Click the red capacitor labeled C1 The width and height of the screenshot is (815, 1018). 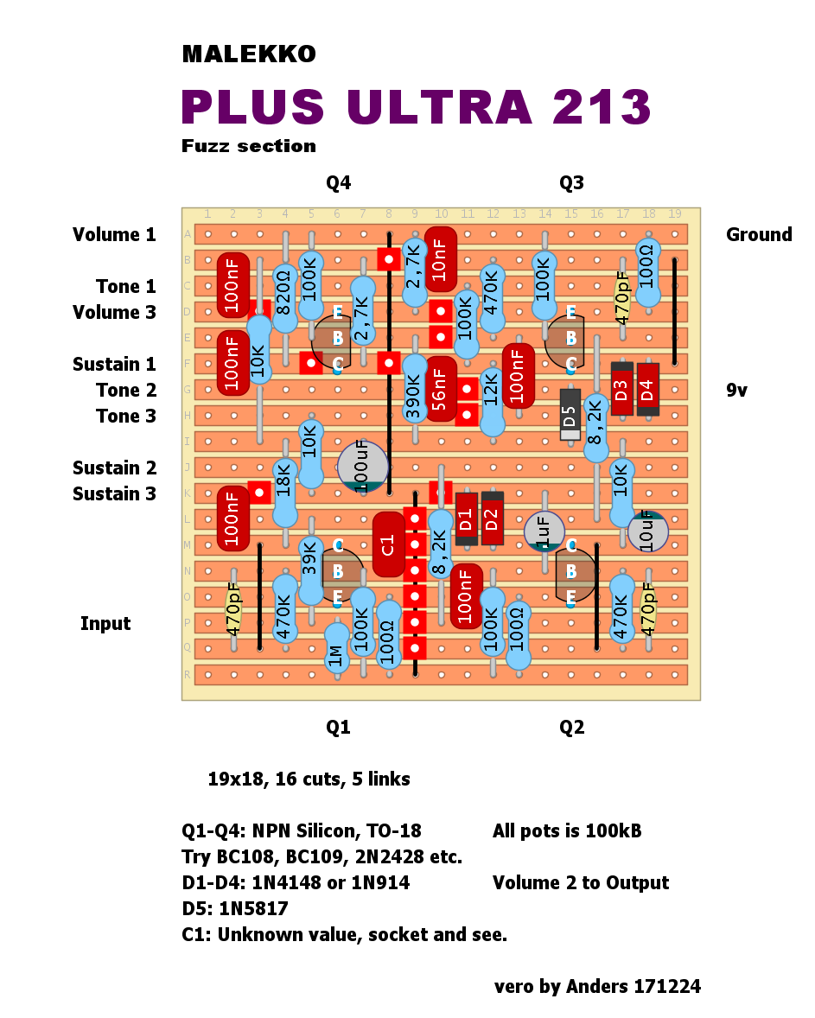pos(389,544)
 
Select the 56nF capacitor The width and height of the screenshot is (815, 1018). pos(441,389)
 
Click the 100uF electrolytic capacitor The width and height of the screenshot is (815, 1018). pos(362,468)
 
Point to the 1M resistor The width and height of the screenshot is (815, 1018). pos(337,648)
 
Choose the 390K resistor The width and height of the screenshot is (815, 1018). pos(415,390)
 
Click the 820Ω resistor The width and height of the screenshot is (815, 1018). pos(284,298)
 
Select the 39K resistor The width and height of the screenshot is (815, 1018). pos(310,570)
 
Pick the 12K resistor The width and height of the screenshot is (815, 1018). pos(492,402)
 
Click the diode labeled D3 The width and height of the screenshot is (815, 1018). pos(621,389)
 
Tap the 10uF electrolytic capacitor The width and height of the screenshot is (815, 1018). pos(647,531)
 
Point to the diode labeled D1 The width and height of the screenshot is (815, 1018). pos(466,519)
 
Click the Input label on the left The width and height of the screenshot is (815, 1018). pos(105,623)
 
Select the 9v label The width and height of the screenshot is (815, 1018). pos(736,390)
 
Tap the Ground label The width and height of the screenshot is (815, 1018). pos(759,234)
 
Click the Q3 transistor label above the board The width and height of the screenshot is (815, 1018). pos(571,182)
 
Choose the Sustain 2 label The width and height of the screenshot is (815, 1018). pos(114,468)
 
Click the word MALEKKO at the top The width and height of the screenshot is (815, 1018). pos(249,54)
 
